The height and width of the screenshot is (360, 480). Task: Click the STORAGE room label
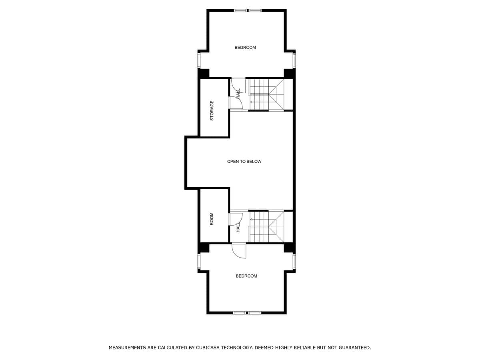212,110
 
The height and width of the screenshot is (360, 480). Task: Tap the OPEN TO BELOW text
244,162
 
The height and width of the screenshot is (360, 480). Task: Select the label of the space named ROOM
212,219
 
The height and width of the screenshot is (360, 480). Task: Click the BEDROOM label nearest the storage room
245,48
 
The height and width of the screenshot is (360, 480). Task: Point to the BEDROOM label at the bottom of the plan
246,276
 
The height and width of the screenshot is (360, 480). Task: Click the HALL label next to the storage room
238,94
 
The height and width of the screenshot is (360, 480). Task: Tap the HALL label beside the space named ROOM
238,228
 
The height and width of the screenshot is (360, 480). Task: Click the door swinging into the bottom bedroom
239,251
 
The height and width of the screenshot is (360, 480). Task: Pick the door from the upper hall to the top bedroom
238,85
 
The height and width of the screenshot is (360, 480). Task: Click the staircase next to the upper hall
266,94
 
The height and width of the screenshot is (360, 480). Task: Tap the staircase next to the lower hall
266,226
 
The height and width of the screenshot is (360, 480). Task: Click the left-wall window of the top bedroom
199,60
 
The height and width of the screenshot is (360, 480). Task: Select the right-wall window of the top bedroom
294,60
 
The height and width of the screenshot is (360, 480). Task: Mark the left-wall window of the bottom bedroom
199,262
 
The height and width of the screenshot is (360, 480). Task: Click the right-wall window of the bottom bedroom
294,262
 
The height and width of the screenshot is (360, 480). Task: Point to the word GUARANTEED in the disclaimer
354,348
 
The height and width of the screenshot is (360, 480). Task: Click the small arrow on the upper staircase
251,102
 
